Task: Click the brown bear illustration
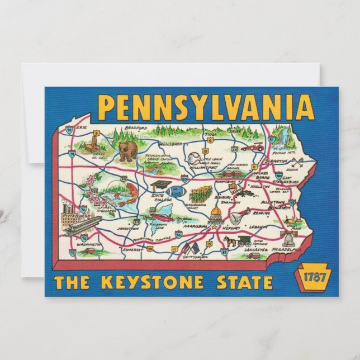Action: (126, 151)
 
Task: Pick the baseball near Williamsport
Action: (193, 158)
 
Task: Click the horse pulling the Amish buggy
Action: (230, 241)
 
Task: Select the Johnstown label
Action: (127, 228)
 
